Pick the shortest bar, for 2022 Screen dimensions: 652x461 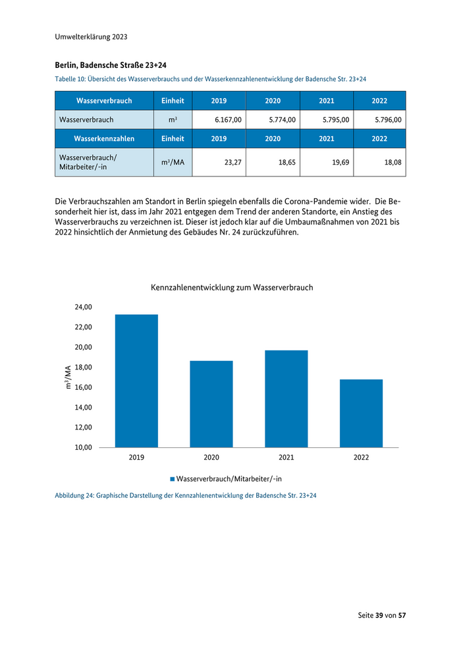click(x=361, y=413)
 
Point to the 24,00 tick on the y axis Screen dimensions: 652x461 click(x=82, y=307)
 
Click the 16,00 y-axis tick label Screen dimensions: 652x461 click(x=82, y=387)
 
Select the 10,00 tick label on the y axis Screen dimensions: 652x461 click(x=82, y=447)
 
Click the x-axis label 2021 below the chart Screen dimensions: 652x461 click(x=286, y=457)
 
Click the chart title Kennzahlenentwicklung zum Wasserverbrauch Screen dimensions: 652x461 click(x=232, y=288)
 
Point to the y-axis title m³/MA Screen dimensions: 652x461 click(x=67, y=377)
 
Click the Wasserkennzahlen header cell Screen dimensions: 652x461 click(x=104, y=139)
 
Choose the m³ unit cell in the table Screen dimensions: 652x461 click(x=173, y=120)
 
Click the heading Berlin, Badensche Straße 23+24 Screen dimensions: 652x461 click(x=111, y=65)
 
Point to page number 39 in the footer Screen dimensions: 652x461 click(x=379, y=615)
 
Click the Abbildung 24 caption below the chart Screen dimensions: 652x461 click(x=185, y=495)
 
